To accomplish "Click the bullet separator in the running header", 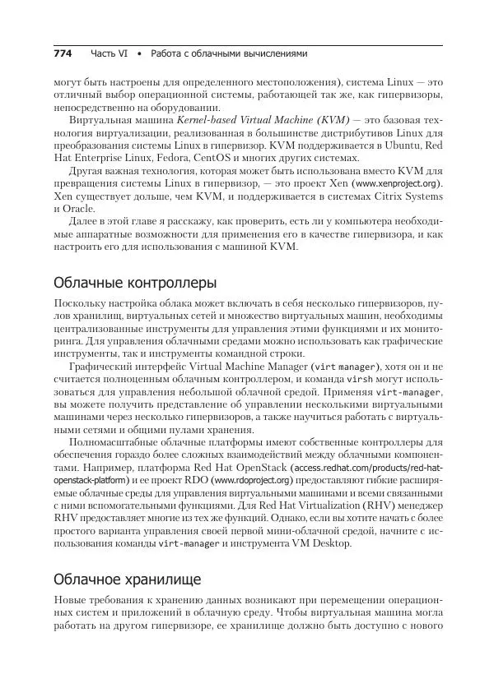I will click(140, 53).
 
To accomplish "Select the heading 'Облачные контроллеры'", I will click(134, 283).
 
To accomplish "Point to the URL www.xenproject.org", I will click(396, 183).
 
